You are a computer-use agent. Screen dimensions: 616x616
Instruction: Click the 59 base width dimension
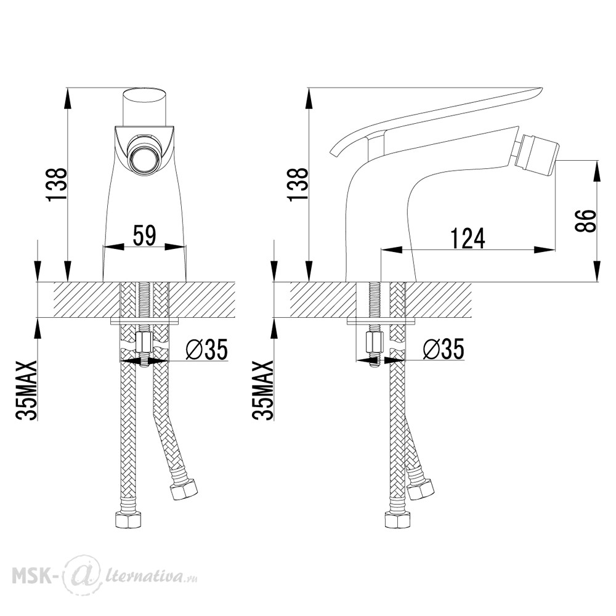(145, 235)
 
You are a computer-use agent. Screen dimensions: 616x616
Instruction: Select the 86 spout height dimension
(586, 221)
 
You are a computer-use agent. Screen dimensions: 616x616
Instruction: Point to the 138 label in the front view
(57, 185)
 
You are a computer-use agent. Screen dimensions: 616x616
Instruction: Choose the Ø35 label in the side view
(444, 349)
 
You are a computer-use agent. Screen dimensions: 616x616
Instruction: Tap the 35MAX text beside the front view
(26, 390)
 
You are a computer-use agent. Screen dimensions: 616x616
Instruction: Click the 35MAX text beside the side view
(262, 390)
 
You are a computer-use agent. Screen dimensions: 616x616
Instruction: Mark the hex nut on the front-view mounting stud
(144, 342)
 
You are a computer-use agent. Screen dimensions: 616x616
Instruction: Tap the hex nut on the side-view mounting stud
(375, 342)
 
